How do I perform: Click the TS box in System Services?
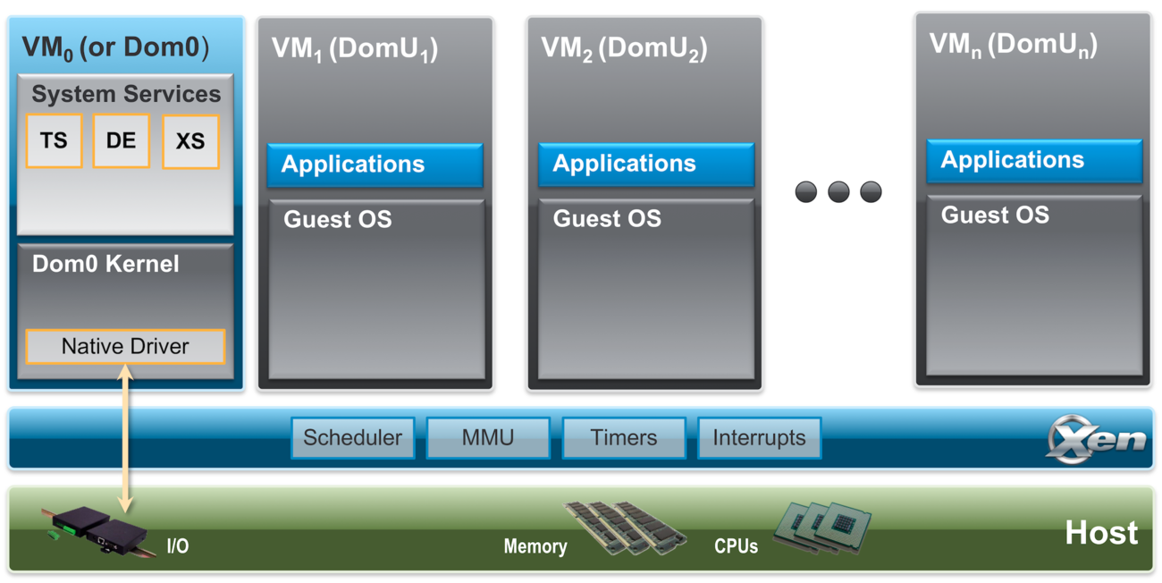[55, 140]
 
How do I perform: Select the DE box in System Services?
[121, 140]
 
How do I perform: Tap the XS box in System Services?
[190, 141]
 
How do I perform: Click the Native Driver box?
[125, 347]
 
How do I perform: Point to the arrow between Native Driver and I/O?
[126, 438]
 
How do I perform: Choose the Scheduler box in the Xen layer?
[353, 438]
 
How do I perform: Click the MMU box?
[488, 438]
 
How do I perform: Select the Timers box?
[624, 438]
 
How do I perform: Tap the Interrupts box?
[759, 438]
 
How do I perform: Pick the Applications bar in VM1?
[375, 165]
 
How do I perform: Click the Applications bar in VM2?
[645, 164]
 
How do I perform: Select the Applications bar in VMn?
[1034, 161]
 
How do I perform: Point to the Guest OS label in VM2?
[607, 218]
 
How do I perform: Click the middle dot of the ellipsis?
[838, 191]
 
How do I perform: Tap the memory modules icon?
[625, 527]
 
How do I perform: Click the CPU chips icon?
[821, 528]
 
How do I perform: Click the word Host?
[1101, 533]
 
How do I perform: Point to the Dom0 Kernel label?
[105, 265]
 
